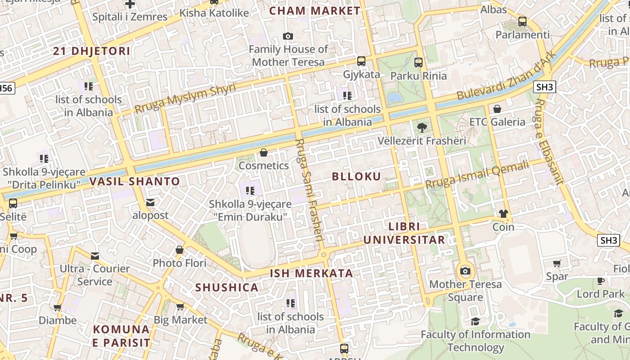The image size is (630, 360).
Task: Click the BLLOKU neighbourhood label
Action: tap(356, 176)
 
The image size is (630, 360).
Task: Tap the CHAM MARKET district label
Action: tap(315, 11)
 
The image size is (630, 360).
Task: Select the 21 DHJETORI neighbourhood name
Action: tap(91, 51)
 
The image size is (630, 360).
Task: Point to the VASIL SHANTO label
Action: tap(135, 182)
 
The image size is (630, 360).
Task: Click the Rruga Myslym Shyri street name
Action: tap(185, 99)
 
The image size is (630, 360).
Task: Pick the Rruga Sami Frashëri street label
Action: tap(310, 192)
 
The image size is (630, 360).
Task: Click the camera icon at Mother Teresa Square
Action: tap(465, 271)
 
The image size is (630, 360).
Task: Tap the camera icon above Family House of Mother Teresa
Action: tap(288, 36)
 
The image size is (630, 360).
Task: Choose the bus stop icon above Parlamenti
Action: tap(522, 21)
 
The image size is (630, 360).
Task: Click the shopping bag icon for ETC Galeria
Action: tap(497, 109)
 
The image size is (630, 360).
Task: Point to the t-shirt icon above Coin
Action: tap(503, 213)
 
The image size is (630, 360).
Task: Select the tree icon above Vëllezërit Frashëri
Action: tap(422, 128)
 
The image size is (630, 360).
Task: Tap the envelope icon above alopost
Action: tap(150, 202)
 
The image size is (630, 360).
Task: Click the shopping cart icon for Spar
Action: tap(557, 264)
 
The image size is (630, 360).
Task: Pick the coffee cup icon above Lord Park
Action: tap(601, 281)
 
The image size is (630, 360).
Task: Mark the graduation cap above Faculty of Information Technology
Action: tap(475, 321)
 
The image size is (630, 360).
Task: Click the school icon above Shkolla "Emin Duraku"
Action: tap(250, 191)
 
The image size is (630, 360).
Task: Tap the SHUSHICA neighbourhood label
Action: tap(227, 288)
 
